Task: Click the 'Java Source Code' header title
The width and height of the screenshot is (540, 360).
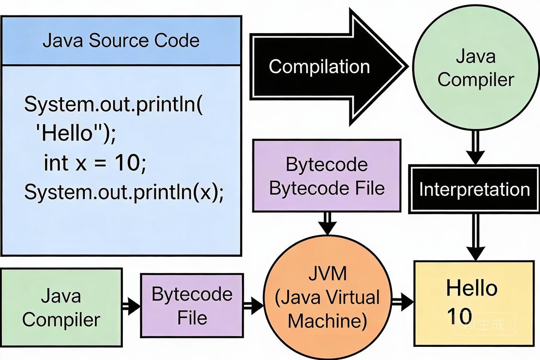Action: [121, 41]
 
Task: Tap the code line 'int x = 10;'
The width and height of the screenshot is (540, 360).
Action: [95, 163]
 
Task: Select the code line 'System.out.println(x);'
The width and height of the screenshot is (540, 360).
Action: [124, 192]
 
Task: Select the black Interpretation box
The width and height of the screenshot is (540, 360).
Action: [474, 189]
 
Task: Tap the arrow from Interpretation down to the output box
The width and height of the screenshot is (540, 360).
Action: [475, 237]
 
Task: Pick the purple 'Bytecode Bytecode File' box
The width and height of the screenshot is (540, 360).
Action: [327, 176]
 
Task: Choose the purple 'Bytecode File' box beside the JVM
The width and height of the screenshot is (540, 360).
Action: [192, 306]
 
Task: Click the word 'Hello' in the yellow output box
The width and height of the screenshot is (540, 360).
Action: [472, 288]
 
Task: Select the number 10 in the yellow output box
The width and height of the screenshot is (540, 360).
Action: [459, 316]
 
